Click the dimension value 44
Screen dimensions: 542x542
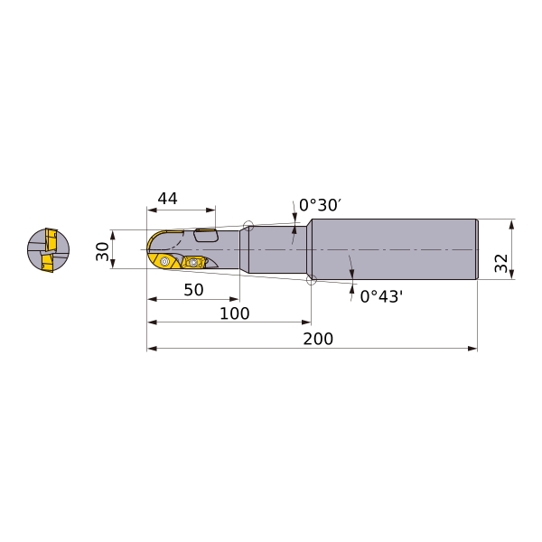[x=167, y=199]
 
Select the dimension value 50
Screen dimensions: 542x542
[x=193, y=290]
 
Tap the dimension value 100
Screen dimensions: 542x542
[x=234, y=313]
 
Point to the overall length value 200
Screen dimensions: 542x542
[x=318, y=339]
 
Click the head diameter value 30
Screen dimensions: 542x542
[x=103, y=251]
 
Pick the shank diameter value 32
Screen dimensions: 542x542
[x=501, y=263]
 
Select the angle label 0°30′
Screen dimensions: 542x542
[x=321, y=205]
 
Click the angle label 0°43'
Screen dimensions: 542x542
[x=381, y=296]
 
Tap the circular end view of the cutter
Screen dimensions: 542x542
[x=49, y=250]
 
